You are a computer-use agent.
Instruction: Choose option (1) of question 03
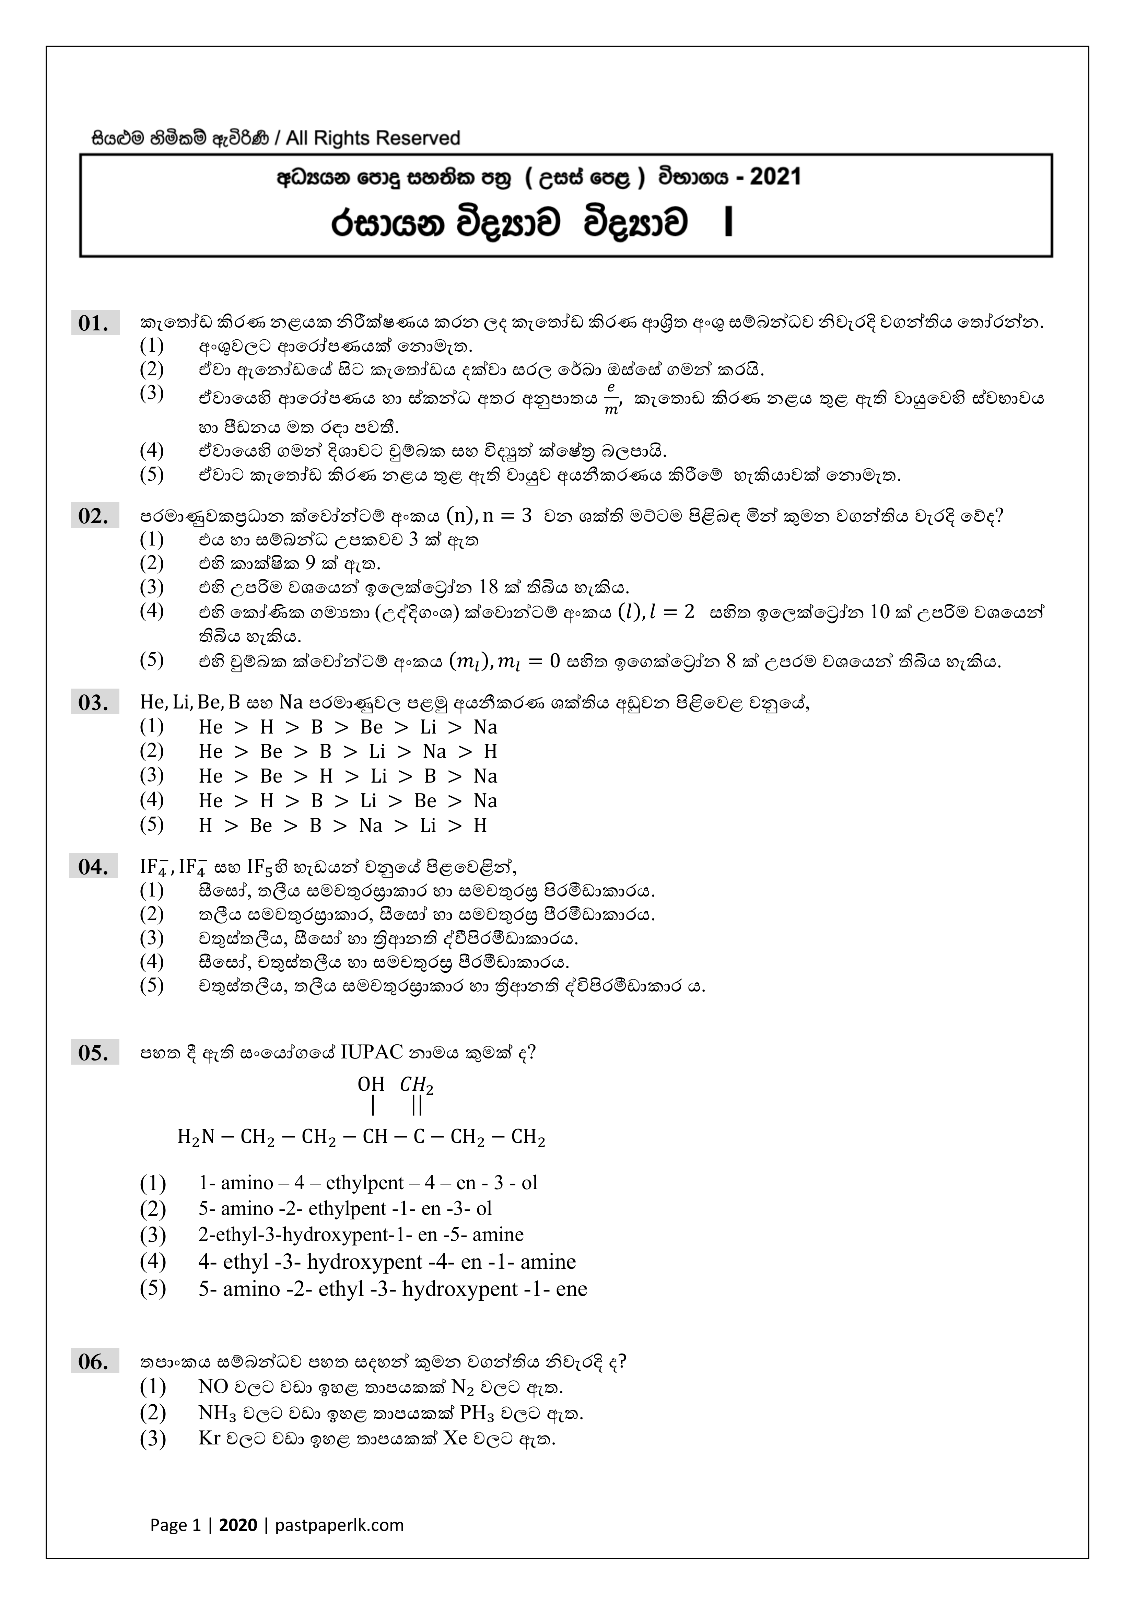coord(347,727)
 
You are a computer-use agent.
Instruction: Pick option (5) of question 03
coord(342,825)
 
